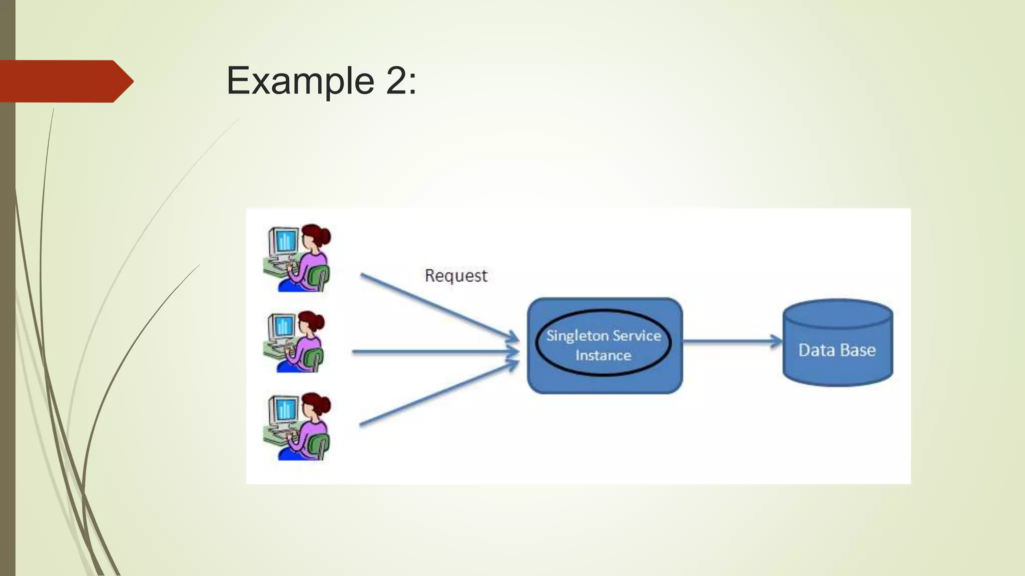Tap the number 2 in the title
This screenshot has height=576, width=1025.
pyautogui.click(x=397, y=81)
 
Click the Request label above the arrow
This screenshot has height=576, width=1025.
pyautogui.click(x=455, y=275)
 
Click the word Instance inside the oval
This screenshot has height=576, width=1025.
pyautogui.click(x=603, y=355)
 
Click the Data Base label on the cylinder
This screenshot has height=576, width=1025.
pyautogui.click(x=837, y=350)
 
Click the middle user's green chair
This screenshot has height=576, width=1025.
pyautogui.click(x=315, y=360)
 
